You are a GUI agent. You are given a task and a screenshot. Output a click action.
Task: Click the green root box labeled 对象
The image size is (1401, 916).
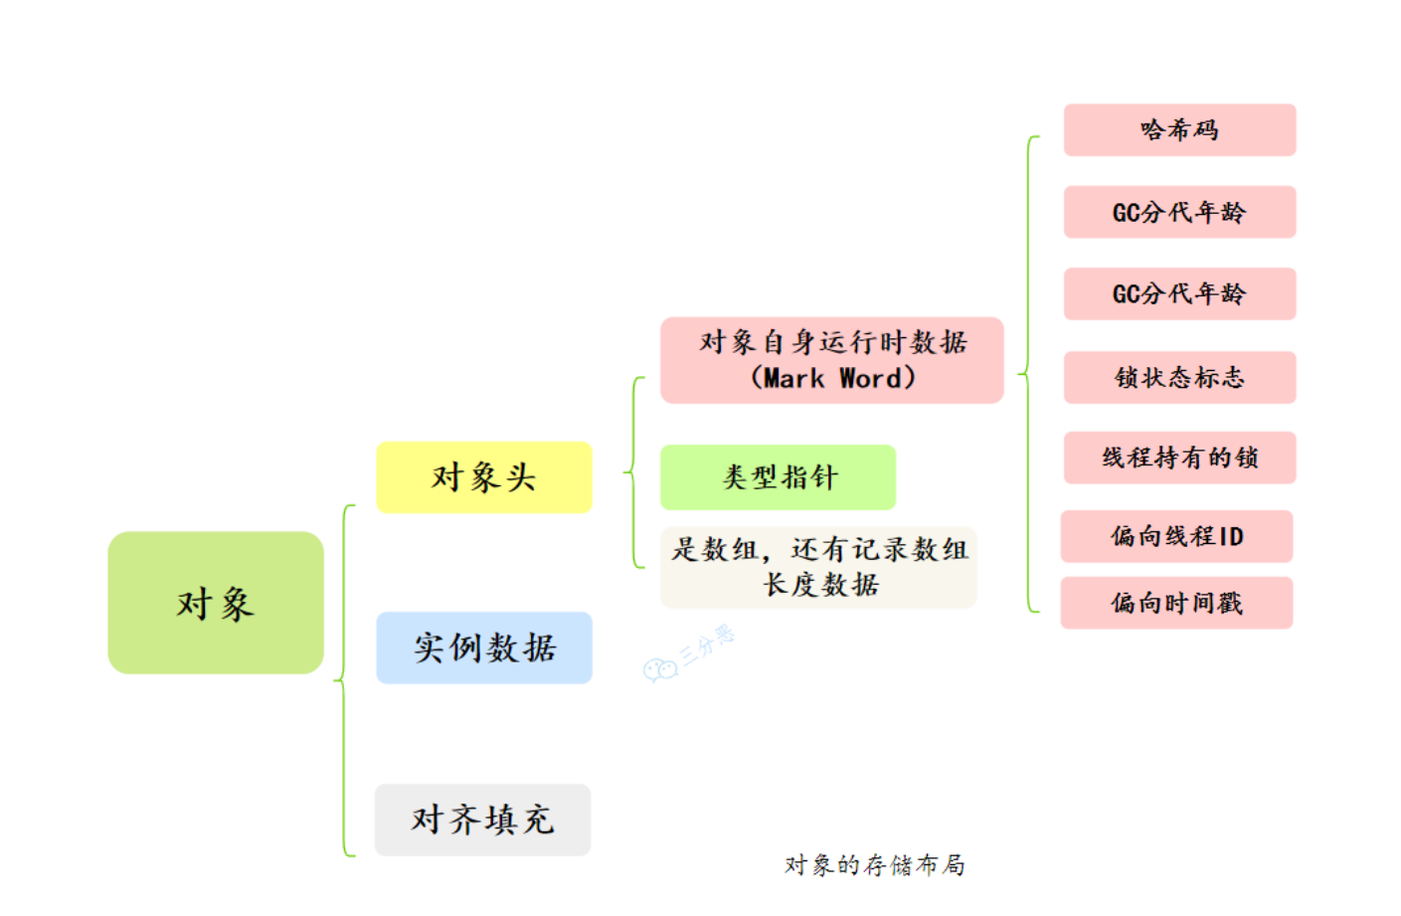click(x=216, y=603)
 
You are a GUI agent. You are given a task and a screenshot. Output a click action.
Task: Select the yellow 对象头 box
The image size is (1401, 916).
click(x=484, y=477)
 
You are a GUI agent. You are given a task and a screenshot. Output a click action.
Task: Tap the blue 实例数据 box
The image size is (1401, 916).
click(x=484, y=647)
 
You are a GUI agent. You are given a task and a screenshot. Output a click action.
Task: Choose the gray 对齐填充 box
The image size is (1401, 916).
click(x=482, y=820)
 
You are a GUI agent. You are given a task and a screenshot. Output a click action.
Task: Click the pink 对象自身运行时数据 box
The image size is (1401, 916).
click(x=832, y=359)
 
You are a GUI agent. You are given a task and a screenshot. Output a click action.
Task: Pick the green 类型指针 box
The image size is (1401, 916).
click(x=778, y=477)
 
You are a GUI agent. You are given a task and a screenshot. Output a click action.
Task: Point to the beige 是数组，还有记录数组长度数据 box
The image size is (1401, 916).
click(x=818, y=567)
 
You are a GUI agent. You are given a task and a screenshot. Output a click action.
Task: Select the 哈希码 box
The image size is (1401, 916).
click(x=1179, y=130)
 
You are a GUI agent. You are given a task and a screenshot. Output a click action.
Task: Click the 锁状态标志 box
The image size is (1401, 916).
click(x=1179, y=377)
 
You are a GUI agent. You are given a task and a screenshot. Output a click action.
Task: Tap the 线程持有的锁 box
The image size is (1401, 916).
click(x=1179, y=458)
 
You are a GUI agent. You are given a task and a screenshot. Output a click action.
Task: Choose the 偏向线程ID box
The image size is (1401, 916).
click(x=1176, y=536)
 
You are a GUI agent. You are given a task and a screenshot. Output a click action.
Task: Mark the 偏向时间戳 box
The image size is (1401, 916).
click(x=1176, y=603)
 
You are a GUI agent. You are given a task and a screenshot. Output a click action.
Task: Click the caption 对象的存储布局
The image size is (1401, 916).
click(x=874, y=864)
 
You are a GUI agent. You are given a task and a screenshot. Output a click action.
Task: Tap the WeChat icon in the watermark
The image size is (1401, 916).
click(x=659, y=670)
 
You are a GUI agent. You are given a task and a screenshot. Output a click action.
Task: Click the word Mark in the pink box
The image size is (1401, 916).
click(x=793, y=379)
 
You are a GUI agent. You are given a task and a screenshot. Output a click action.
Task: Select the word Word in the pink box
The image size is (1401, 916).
click(x=870, y=379)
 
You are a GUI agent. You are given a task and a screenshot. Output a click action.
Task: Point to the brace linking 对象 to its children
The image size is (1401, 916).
click(x=343, y=680)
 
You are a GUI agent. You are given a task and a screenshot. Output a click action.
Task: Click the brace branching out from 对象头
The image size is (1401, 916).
click(x=633, y=472)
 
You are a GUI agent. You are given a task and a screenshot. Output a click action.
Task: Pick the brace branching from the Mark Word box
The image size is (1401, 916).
click(x=1027, y=374)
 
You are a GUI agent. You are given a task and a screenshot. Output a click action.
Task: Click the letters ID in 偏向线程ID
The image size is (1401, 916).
click(x=1231, y=537)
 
